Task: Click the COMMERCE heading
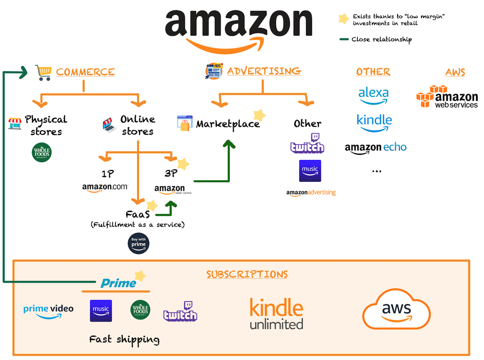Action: (x=85, y=72)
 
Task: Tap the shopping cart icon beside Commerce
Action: (x=43, y=73)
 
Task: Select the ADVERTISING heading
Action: (x=264, y=71)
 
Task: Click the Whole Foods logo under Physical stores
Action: (x=42, y=153)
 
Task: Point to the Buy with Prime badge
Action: (x=139, y=243)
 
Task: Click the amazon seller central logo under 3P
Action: (x=172, y=190)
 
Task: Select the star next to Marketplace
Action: (x=259, y=115)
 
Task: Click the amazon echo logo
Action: (x=375, y=148)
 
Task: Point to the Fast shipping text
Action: (x=124, y=340)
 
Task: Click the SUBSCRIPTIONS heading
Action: (x=247, y=275)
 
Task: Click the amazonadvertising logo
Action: (x=311, y=193)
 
